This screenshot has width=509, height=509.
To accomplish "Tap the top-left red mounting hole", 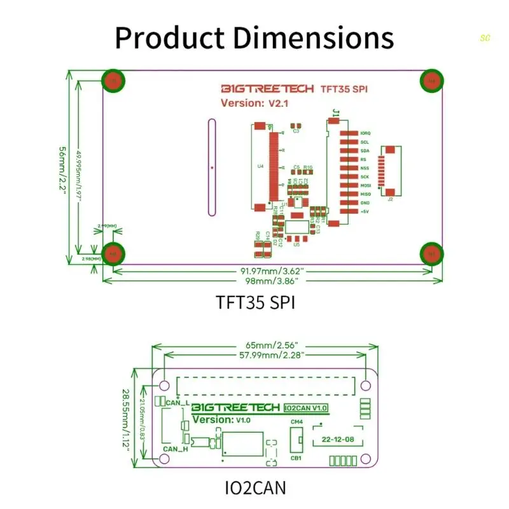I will (x=113, y=81).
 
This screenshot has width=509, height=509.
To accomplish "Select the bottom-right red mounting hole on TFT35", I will (x=432, y=254).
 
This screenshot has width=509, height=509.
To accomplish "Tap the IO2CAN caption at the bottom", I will (x=255, y=487).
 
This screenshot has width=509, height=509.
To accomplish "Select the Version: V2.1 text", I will (x=251, y=103).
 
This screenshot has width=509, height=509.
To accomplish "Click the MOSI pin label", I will (x=365, y=185).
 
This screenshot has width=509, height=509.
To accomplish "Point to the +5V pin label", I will (x=365, y=211).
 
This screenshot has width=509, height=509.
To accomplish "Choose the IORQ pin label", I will (x=365, y=133).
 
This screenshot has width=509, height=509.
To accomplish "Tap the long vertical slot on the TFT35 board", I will (x=211, y=167).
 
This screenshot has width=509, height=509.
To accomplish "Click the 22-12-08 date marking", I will (x=338, y=439).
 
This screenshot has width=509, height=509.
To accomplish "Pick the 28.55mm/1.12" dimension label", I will (x=126, y=420).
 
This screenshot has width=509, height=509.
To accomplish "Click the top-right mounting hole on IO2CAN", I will (x=366, y=386).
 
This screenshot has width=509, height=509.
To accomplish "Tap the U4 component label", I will (x=260, y=167).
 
